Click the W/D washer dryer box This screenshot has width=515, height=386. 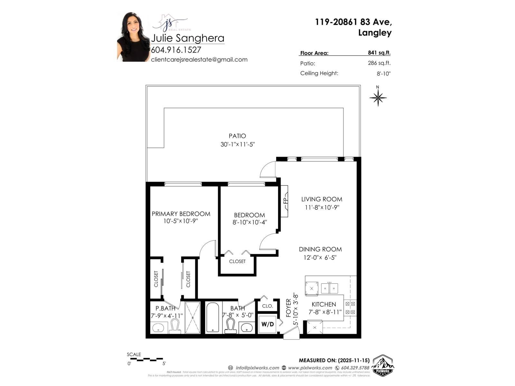267,324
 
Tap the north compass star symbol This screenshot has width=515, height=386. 378,97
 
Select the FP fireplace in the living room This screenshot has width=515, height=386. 285,201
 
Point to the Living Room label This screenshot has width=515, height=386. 322,199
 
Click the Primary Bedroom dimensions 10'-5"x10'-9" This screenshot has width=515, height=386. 180,221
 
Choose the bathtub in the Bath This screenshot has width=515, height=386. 212,317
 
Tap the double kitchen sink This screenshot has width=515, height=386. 329,288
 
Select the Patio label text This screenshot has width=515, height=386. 237,136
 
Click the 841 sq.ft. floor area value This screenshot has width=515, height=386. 379,53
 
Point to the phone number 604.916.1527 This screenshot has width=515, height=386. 176,50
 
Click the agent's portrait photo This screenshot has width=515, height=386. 133,37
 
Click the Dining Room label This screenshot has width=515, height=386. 320,249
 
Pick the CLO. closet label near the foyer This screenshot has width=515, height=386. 267,306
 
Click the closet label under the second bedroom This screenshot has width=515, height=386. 237,262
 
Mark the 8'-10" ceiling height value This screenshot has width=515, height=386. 384,74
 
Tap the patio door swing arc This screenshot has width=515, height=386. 267,170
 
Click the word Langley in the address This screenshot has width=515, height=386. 375,33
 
